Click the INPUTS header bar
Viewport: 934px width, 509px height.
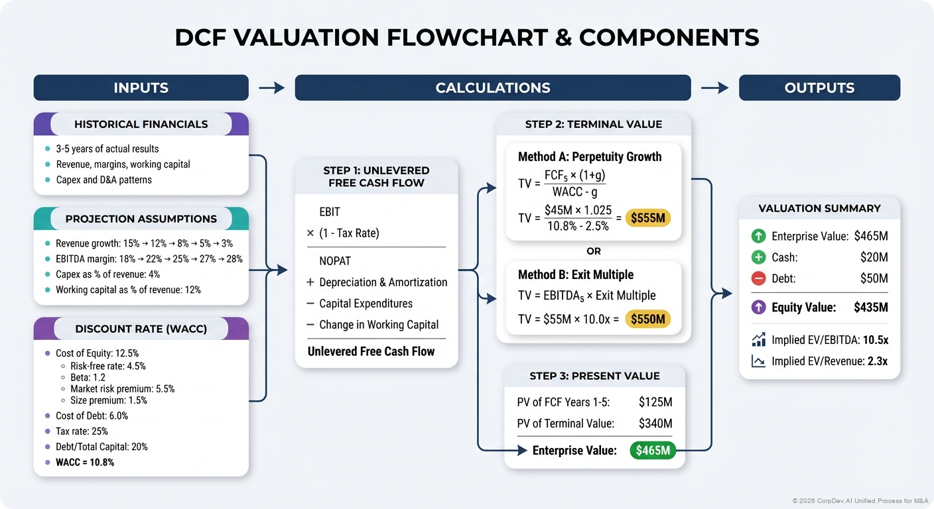[x=141, y=87]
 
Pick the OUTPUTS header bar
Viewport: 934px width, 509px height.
[x=819, y=87]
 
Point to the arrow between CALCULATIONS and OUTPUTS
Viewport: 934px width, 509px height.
[x=714, y=87]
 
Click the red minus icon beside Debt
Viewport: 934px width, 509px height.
[x=758, y=278]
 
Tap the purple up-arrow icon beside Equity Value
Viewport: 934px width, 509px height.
[x=758, y=308]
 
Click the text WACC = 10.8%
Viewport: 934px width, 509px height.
[x=85, y=462]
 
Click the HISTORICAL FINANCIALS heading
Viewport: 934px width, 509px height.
[x=141, y=124]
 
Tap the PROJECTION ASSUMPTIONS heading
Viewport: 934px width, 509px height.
[x=141, y=219]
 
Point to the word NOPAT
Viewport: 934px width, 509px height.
[x=335, y=261]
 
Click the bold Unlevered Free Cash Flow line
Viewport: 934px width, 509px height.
[x=371, y=351]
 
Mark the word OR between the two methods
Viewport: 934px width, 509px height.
[x=594, y=251]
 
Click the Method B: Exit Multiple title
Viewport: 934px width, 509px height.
[x=576, y=274]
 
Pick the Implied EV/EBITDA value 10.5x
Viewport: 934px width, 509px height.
[x=875, y=340]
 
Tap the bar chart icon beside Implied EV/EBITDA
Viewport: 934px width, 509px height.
[x=758, y=340]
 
